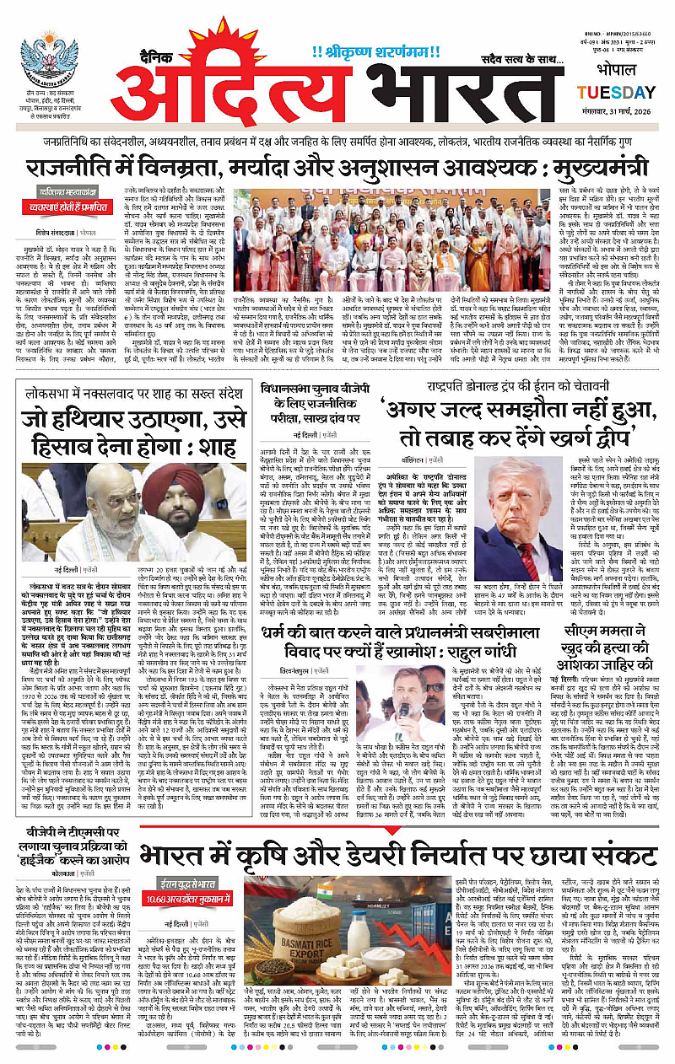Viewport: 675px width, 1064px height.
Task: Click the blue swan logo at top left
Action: click(x=48, y=60)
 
